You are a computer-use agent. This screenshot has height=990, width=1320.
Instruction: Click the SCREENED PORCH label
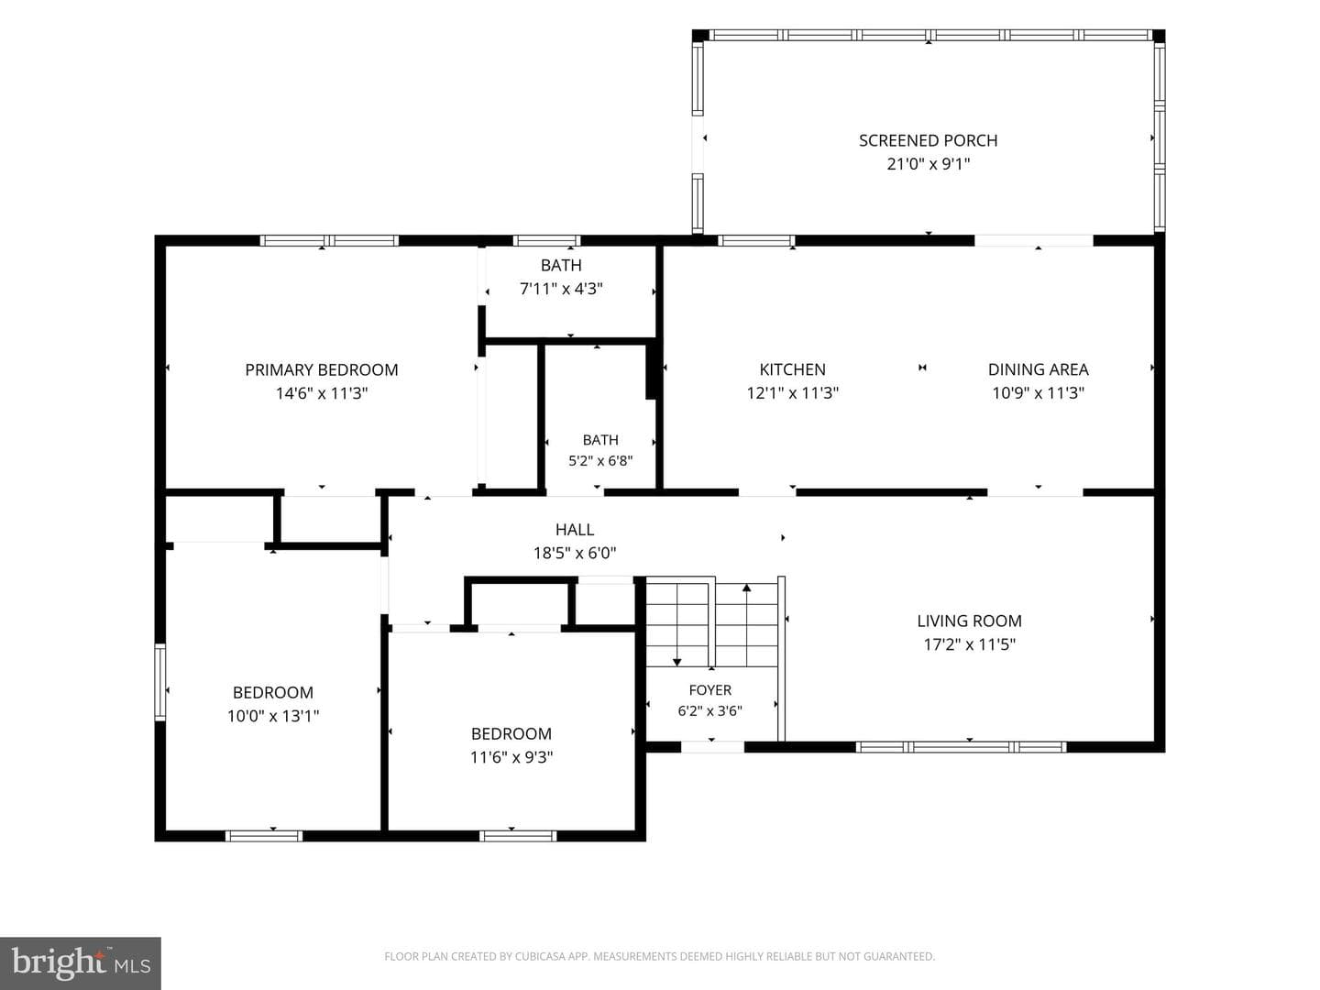tap(928, 140)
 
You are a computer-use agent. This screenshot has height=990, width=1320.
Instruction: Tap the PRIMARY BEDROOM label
tap(322, 369)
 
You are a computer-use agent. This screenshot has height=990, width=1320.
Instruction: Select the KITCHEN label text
tap(793, 369)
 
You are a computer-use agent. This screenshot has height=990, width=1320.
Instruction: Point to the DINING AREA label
tap(1038, 369)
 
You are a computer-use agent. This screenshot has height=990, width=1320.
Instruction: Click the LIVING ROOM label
tap(970, 621)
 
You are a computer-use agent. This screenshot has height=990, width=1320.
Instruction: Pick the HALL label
tap(575, 530)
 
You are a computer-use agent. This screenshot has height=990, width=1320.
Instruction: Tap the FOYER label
tap(710, 690)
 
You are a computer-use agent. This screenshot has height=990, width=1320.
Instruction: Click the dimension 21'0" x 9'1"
tap(929, 164)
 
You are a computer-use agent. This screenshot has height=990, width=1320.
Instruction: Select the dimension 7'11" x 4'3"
tap(561, 289)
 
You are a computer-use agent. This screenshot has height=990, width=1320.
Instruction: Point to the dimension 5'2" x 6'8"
tap(600, 461)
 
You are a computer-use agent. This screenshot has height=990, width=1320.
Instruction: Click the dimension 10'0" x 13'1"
tap(273, 716)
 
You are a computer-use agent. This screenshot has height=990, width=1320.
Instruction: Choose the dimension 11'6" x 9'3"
tap(511, 757)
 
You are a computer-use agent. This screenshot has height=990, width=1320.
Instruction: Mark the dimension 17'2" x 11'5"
tap(970, 644)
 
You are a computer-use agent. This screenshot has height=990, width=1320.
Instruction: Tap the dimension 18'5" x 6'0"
tap(575, 553)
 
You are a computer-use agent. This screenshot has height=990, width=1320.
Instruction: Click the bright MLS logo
tap(81, 963)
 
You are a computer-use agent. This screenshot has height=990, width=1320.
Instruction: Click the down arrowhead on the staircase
tap(677, 663)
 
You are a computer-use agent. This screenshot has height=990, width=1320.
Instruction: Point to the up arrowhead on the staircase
tap(746, 588)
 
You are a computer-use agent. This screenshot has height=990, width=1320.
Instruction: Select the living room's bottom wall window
tap(961, 747)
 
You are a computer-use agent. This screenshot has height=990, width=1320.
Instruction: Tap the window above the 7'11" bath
tap(546, 241)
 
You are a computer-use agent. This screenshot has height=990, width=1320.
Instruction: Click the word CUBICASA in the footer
tap(541, 956)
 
